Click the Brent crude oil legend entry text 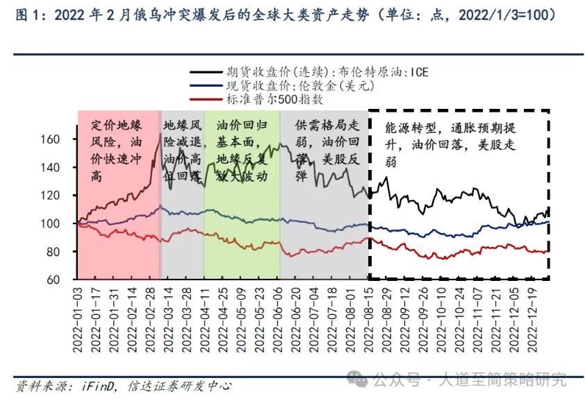(327, 71)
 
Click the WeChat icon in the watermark (359, 379)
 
